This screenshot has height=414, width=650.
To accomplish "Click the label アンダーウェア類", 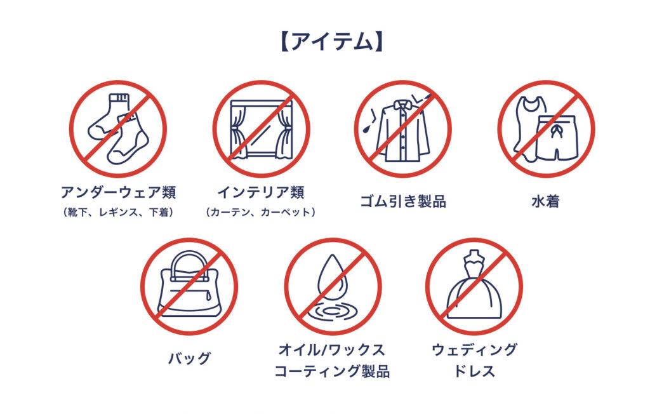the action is [119, 192].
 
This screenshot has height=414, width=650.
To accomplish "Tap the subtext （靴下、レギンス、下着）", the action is [118, 212].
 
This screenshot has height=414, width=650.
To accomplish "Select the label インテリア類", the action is [261, 192].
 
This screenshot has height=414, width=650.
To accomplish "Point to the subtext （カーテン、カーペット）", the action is [261, 212].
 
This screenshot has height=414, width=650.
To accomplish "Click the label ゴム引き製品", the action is [403, 201].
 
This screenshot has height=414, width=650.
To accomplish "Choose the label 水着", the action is [545, 201].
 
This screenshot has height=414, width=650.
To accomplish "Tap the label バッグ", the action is [189, 358].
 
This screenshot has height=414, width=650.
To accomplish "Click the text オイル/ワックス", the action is [332, 350].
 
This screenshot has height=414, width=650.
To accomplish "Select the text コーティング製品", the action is [332, 371].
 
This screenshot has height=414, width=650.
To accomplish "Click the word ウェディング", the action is [474, 350].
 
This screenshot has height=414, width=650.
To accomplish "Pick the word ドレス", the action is [474, 371].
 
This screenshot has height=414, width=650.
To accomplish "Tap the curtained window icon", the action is [261, 129].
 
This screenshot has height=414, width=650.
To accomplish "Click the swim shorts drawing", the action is [556, 138].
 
